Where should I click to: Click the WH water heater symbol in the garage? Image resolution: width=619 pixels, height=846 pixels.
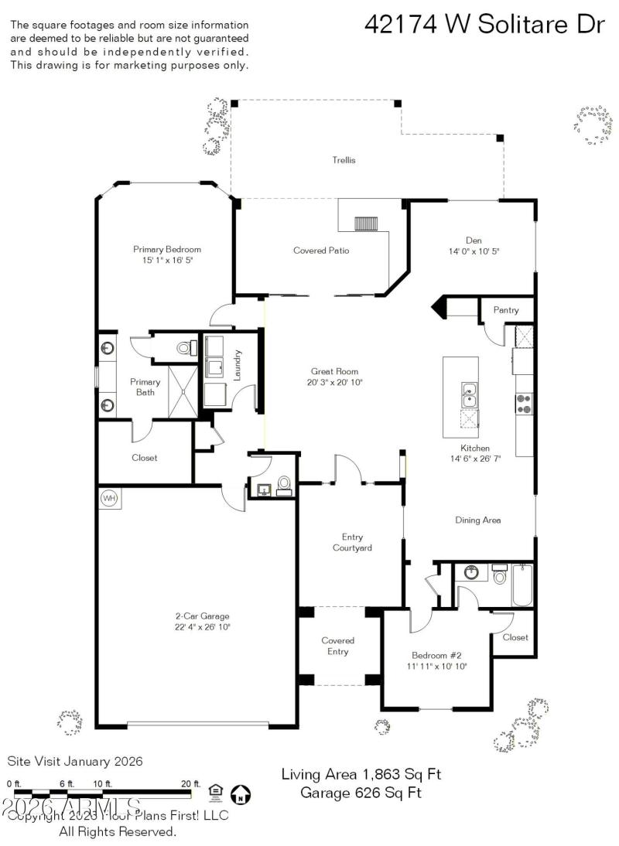(x=109, y=499)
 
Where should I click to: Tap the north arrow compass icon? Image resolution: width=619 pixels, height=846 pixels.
(x=241, y=793)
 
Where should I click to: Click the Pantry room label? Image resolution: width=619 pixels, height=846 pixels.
(x=505, y=310)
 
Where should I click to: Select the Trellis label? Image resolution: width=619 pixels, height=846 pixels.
(x=344, y=160)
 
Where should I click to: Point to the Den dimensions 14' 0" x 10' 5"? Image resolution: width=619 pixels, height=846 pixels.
(x=474, y=251)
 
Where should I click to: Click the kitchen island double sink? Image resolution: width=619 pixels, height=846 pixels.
(x=469, y=394)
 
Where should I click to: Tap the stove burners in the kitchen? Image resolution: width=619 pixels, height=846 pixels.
(x=524, y=402)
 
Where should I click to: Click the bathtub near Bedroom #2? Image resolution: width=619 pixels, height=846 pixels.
(x=522, y=585)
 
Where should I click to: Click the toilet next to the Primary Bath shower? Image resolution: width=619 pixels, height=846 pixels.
(x=184, y=348)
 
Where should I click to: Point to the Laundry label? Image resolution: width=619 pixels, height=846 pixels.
(x=238, y=364)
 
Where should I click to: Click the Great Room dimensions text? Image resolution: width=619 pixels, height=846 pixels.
(x=334, y=382)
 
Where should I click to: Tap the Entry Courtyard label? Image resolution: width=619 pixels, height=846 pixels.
(x=352, y=542)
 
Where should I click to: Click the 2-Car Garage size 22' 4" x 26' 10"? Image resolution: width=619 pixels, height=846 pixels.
(x=201, y=627)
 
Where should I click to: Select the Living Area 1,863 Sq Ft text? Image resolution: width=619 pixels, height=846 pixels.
(x=361, y=774)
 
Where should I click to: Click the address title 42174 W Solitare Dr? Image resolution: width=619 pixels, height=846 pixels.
(x=484, y=25)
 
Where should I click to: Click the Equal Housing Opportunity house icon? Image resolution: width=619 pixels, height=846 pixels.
(x=216, y=790)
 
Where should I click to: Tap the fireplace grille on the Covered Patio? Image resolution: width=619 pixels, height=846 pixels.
(x=364, y=224)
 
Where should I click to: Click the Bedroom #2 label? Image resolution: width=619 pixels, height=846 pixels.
(x=437, y=653)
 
